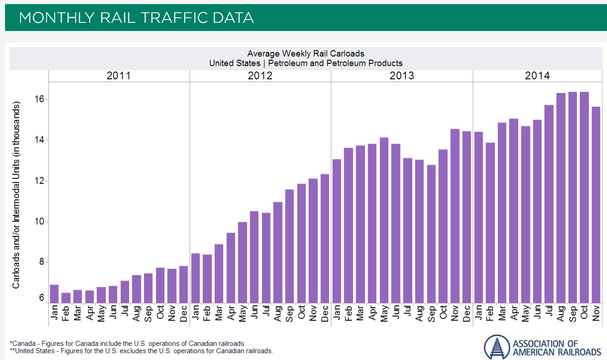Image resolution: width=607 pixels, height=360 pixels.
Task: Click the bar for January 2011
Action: coord(54,294)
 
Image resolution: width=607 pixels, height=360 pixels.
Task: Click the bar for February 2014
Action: coord(490,223)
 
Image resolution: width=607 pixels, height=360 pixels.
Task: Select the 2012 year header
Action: coord(260,76)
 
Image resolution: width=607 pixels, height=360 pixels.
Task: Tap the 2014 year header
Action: coord(537,76)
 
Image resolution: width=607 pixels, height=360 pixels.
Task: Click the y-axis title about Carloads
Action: coord(16,195)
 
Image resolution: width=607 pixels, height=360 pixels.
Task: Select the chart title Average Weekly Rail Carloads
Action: coord(306,54)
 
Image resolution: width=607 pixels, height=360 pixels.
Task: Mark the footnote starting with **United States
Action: coord(141,351)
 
